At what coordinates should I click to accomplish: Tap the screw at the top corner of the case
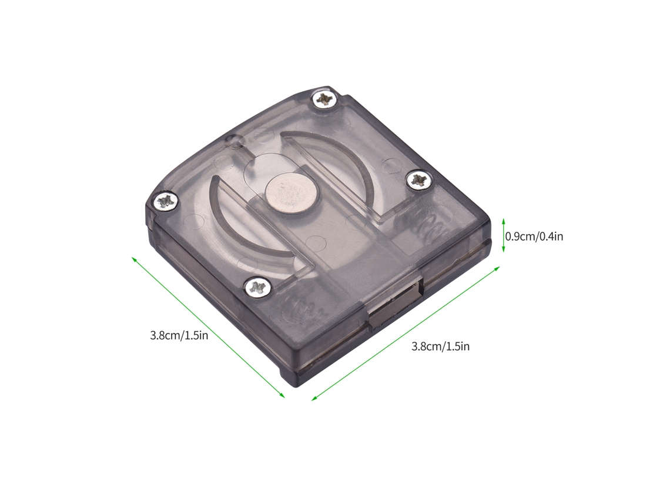324,99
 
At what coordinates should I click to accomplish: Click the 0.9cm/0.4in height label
534,236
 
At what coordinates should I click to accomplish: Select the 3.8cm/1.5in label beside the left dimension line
179,335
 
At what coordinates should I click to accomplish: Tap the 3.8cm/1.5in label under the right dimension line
441,347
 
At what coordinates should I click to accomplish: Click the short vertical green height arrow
503,235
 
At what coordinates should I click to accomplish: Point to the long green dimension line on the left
208,327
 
